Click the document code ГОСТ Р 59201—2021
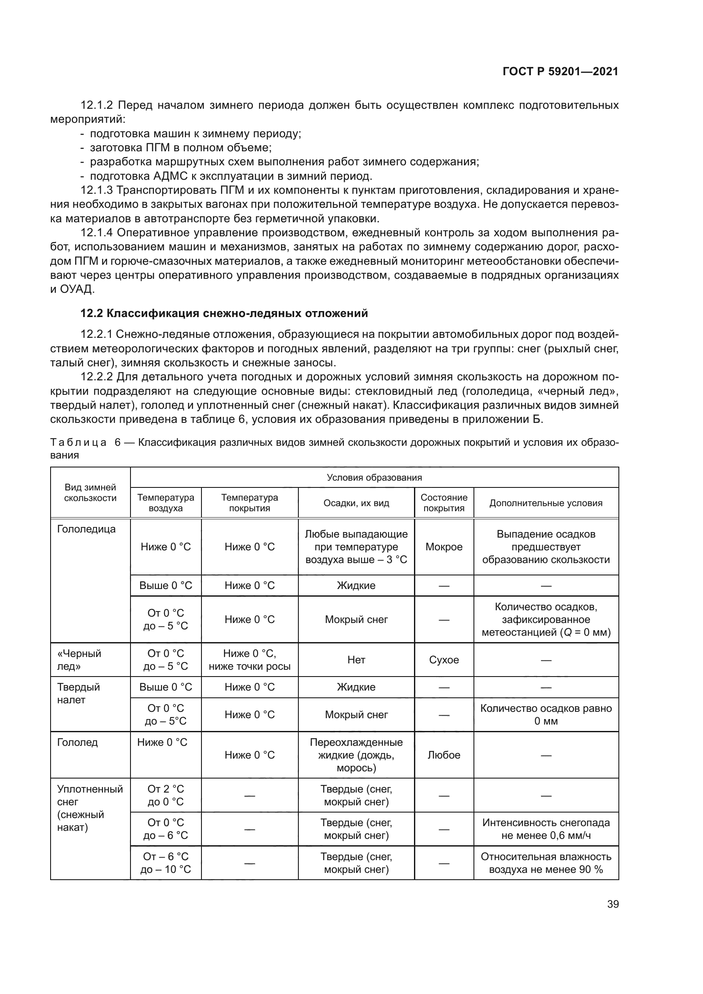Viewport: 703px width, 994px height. tap(560, 72)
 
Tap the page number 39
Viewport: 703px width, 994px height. tap(612, 904)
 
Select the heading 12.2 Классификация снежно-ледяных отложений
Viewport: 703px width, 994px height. tap(224, 313)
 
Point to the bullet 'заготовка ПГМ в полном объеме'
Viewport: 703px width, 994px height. tap(181, 147)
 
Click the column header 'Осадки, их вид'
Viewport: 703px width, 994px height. tap(356, 503)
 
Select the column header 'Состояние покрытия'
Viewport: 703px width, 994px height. tap(444, 503)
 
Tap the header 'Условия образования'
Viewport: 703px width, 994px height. tap(374, 478)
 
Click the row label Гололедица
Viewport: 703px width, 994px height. tap(86, 529)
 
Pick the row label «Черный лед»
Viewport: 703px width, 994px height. tap(79, 660)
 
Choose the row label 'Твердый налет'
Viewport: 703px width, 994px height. tap(78, 693)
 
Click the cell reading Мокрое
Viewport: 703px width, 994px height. tap(444, 547)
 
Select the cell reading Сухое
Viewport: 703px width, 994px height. tap(444, 660)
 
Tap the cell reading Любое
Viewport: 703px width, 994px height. tap(444, 755)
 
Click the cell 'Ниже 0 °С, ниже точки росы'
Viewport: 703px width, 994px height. tap(249, 660)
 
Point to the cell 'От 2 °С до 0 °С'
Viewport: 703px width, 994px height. tap(165, 795)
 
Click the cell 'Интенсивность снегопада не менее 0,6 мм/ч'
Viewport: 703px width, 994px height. tap(546, 829)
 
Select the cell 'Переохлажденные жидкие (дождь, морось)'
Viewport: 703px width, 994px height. tap(356, 755)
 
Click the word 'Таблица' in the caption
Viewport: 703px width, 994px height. tap(78, 442)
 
